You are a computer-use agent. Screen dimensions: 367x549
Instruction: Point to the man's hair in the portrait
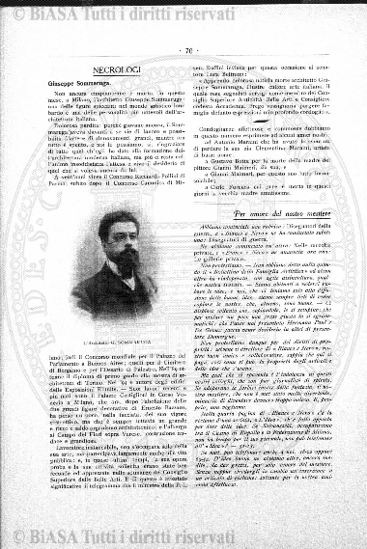[x=121, y=223]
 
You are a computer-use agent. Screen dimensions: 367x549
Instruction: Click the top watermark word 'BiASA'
[x=69, y=14]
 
